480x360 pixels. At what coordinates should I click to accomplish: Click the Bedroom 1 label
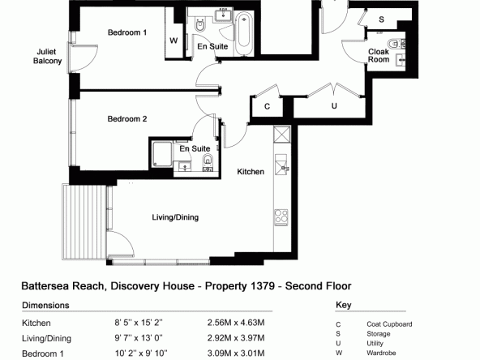[x=127, y=32]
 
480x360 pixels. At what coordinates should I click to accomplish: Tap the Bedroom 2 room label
[x=127, y=118]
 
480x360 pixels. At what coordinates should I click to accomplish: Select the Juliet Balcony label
[x=47, y=56]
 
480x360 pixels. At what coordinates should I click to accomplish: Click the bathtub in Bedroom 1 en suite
[x=244, y=33]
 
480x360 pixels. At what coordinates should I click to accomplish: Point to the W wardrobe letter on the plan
[x=174, y=41]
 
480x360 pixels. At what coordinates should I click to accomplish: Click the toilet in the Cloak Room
[x=395, y=44]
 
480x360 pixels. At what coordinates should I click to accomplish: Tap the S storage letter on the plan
[x=381, y=19]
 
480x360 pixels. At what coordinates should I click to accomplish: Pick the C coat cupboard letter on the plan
[x=267, y=106]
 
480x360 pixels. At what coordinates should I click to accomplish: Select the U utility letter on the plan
[x=334, y=106]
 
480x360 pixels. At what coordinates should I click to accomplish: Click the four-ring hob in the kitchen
[x=281, y=216]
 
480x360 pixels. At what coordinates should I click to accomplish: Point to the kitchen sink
[x=281, y=165]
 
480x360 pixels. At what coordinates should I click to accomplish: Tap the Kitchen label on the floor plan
[x=251, y=172]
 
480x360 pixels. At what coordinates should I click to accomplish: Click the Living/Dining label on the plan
[x=175, y=217]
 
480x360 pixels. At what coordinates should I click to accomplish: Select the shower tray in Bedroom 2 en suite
[x=162, y=154]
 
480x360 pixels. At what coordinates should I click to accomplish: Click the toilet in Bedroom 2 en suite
[x=208, y=161]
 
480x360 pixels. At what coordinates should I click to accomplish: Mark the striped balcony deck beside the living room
[x=84, y=221]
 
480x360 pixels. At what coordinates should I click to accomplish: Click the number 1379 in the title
[x=263, y=286]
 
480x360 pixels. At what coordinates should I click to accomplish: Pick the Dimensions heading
[x=45, y=305]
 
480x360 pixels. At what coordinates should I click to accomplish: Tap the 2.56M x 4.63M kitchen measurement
[x=236, y=323]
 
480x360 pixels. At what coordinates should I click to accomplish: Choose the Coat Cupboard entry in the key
[x=389, y=324]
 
